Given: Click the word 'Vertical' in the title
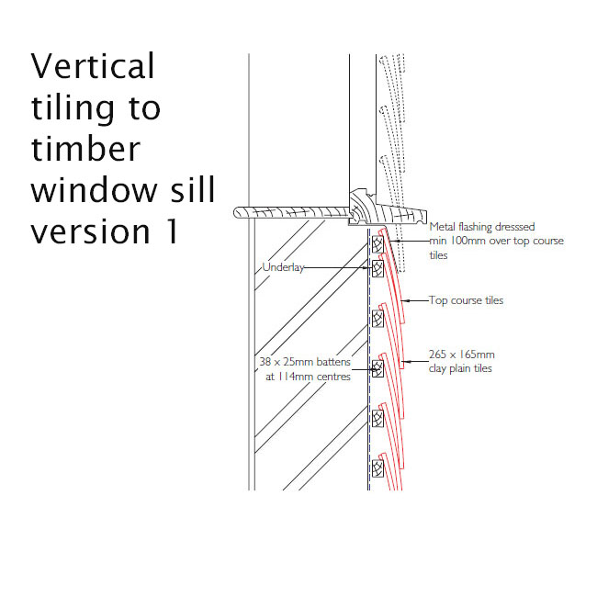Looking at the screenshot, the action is tap(93, 66).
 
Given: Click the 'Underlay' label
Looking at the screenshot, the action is tap(283, 267).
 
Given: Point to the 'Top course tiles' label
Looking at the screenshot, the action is tap(466, 300).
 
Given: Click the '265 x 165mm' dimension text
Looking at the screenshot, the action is tap(461, 355).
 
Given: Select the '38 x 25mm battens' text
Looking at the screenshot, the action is tap(305, 362).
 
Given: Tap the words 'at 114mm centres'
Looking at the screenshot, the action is tap(308, 377).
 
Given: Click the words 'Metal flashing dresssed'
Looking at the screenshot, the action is tap(482, 227).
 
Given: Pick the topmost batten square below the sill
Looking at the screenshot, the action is tap(377, 244).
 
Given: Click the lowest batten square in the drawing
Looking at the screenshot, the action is tap(377, 468).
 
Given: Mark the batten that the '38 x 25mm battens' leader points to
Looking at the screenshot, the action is tap(377, 368).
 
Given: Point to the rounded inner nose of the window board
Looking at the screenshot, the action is tap(236, 212).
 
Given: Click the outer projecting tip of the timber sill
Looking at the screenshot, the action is tap(425, 216).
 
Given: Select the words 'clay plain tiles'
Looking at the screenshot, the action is tap(460, 368).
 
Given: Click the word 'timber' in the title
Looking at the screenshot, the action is tap(85, 149).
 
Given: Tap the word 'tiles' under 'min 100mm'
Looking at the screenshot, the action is tap(439, 255).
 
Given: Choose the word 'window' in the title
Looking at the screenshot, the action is tap(94, 189).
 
